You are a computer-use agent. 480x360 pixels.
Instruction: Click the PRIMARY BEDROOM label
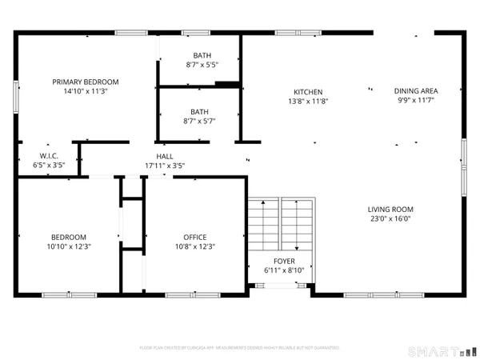[86, 82]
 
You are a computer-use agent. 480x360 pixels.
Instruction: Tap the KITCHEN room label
[307, 91]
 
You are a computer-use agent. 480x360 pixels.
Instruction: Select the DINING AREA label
[415, 91]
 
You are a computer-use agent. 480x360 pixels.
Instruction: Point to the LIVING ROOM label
[390, 210]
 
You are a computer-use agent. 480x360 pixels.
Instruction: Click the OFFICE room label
[195, 237]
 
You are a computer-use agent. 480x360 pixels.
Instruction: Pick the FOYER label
[284, 262]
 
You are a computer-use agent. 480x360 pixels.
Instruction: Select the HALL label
[165, 156]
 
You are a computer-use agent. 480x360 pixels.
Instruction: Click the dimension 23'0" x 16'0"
[390, 219]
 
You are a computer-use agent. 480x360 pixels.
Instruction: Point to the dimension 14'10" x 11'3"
[86, 91]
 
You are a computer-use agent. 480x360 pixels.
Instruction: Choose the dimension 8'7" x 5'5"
[202, 65]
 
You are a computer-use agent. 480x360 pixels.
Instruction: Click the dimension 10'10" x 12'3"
[69, 246]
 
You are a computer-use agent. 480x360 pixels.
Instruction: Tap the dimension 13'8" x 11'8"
[307, 101]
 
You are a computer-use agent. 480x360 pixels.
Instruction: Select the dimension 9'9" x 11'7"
[415, 101]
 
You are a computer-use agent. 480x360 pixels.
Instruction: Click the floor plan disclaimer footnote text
[239, 349]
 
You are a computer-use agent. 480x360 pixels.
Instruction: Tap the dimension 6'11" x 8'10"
[284, 270]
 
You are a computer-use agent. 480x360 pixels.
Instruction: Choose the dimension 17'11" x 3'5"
[165, 166]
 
